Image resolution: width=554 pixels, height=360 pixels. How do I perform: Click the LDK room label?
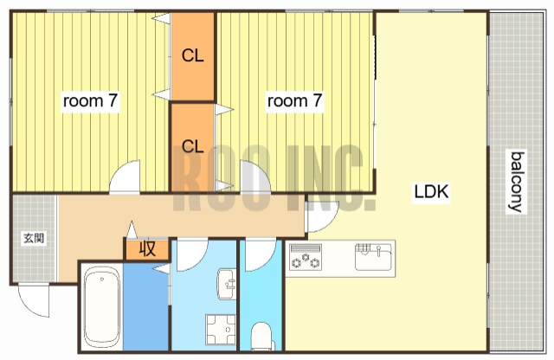point(431,192)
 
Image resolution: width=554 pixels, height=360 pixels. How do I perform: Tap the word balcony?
point(516,182)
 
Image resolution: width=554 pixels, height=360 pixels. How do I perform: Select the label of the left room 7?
point(90,100)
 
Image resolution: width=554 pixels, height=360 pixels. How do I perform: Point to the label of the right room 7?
point(294,100)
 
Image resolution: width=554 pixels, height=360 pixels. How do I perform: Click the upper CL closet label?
point(192,55)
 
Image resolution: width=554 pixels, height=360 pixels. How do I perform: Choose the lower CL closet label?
point(192,146)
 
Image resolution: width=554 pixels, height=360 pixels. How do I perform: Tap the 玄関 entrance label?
point(34,238)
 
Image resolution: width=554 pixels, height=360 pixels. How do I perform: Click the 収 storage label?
point(147,249)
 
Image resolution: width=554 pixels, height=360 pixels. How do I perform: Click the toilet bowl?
point(261,336)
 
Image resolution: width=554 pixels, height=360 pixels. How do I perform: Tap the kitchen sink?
point(373,256)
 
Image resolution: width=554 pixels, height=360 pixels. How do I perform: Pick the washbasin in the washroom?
point(227,284)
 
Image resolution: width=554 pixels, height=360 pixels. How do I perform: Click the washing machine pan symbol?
point(221,329)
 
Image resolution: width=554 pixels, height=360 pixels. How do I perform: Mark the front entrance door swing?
point(34,300)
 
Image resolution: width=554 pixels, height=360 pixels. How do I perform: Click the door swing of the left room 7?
point(125,177)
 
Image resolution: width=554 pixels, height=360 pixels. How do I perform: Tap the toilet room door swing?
point(261,255)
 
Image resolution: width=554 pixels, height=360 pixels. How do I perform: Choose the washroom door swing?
point(192,255)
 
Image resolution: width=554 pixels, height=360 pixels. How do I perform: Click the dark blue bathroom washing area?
point(145,306)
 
